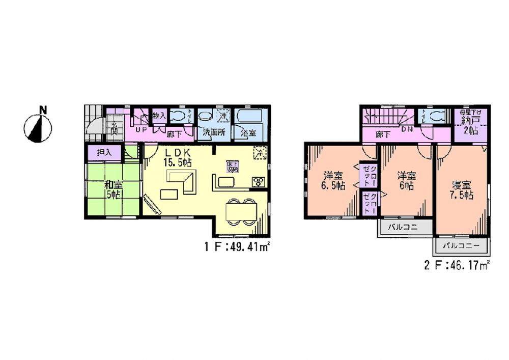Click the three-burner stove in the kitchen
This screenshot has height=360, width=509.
257,182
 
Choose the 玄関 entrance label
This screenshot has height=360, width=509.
115,127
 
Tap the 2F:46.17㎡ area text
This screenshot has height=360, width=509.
456,265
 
